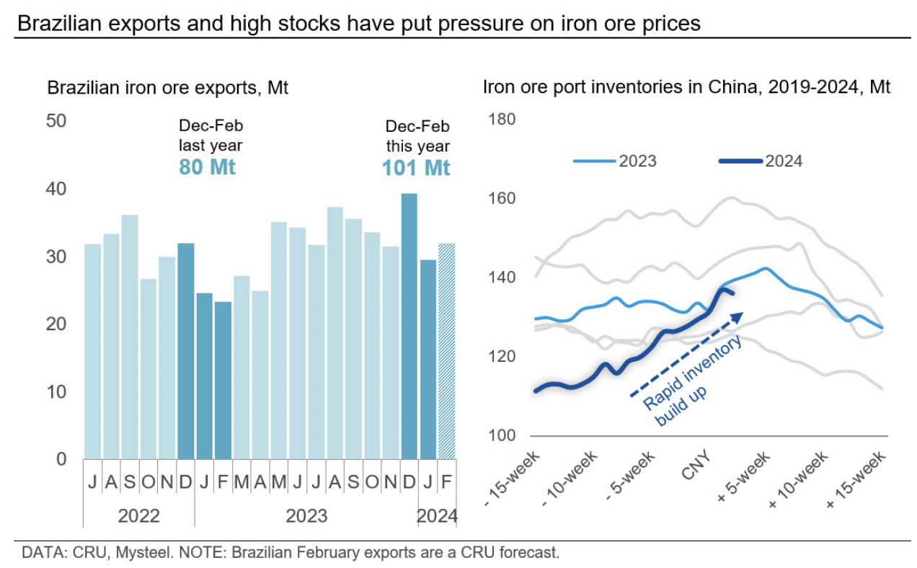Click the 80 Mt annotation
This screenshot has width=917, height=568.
(207, 167)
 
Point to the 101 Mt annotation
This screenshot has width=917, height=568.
(416, 168)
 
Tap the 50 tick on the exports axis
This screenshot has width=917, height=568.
(56, 120)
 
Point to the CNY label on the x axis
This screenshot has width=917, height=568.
(695, 461)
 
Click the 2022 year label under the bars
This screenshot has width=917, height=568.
(138, 516)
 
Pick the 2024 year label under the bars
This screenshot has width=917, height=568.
(438, 516)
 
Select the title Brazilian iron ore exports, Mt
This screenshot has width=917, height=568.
(167, 89)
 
